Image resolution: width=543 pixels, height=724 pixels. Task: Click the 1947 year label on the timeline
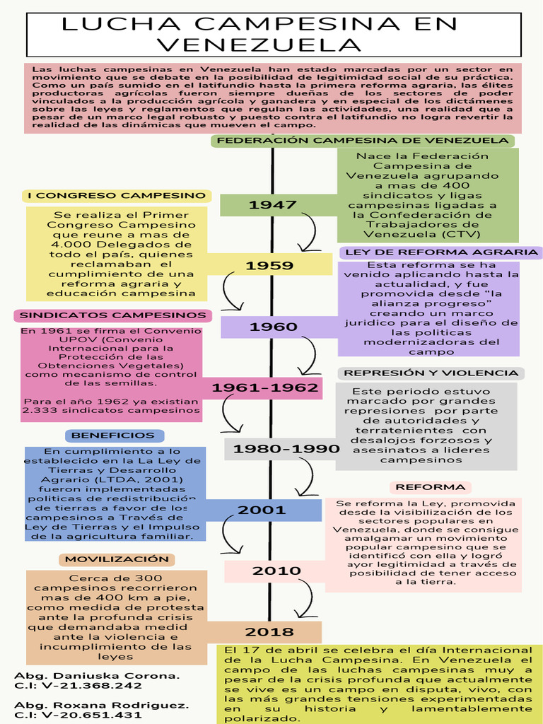(272, 205)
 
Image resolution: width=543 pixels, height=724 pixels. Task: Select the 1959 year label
(269, 266)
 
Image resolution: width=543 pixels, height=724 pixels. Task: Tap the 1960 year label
(273, 327)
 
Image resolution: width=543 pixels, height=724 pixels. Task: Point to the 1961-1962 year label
(264, 387)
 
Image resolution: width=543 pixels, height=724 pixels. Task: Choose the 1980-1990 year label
(276, 449)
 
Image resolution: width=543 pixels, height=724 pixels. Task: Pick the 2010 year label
(271, 571)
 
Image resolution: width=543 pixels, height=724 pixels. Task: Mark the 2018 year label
(269, 631)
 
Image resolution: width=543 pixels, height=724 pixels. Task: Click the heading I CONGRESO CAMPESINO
(116, 195)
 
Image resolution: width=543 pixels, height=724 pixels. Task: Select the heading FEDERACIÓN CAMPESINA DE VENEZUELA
(362, 140)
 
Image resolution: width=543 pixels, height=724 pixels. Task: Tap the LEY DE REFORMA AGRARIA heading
(440, 252)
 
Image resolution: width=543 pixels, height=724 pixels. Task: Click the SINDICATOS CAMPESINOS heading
(112, 315)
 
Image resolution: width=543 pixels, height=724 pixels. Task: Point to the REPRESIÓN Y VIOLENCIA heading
(431, 373)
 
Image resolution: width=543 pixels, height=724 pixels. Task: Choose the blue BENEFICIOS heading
(113, 436)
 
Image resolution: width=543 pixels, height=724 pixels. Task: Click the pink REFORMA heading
(430, 487)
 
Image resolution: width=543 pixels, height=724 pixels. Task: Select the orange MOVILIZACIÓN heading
(117, 559)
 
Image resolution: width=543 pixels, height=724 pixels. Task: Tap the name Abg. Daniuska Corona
(97, 675)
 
